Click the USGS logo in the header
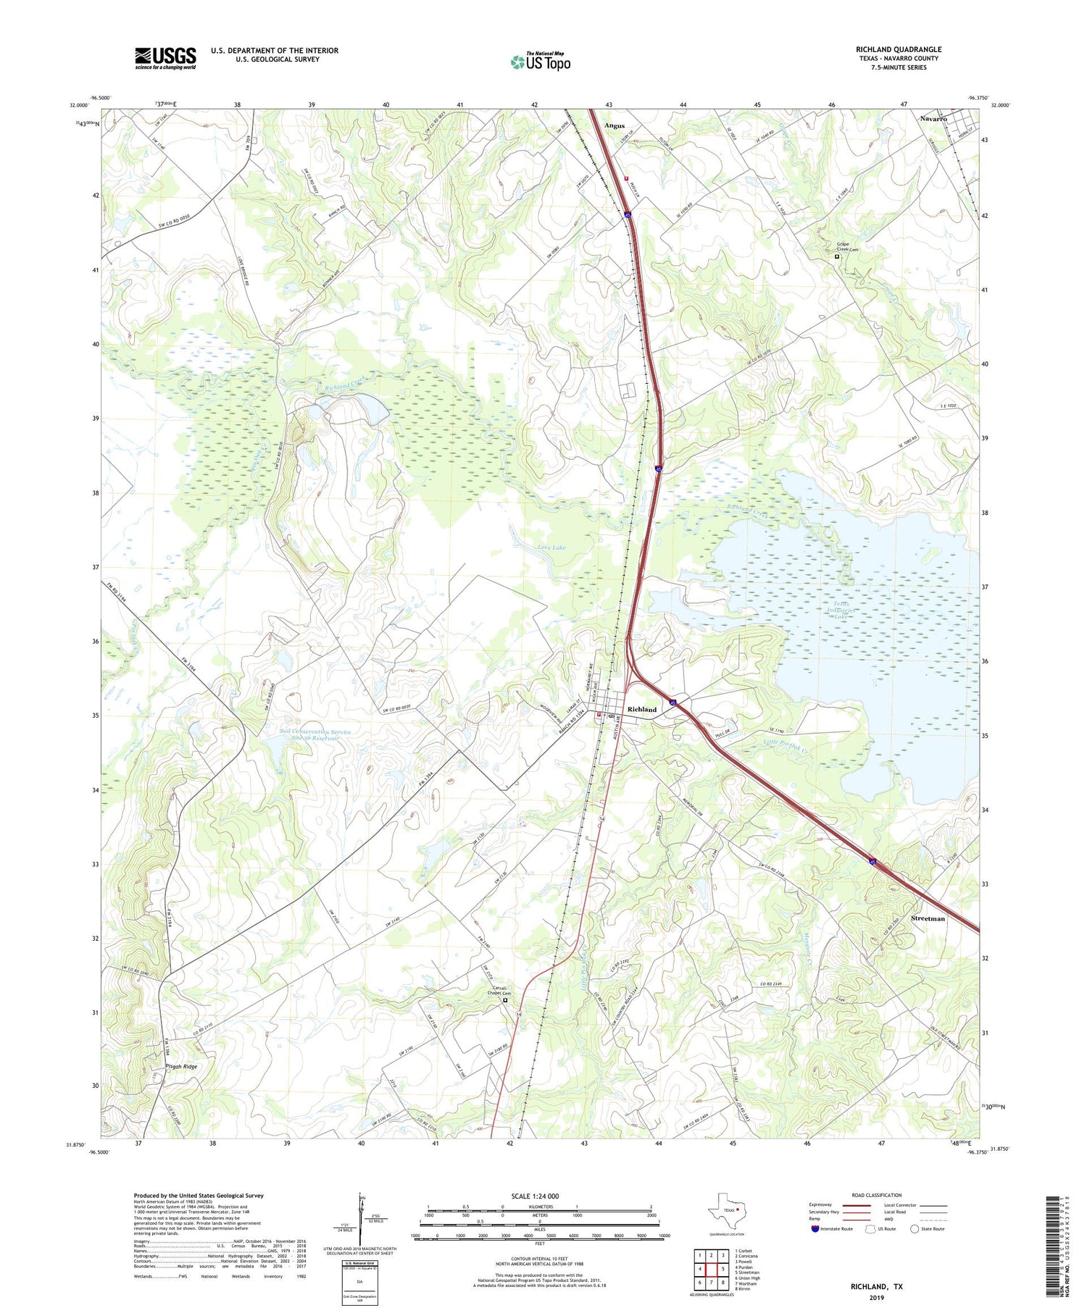165,58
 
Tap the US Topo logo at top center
540,62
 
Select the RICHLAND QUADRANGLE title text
898,49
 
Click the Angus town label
615,126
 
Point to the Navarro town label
934,118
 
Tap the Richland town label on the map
642,709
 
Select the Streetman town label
928,918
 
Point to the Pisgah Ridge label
175,1067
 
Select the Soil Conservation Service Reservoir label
315,735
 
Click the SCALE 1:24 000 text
533,1196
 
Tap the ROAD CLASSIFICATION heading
876,1195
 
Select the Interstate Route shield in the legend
816,1229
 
